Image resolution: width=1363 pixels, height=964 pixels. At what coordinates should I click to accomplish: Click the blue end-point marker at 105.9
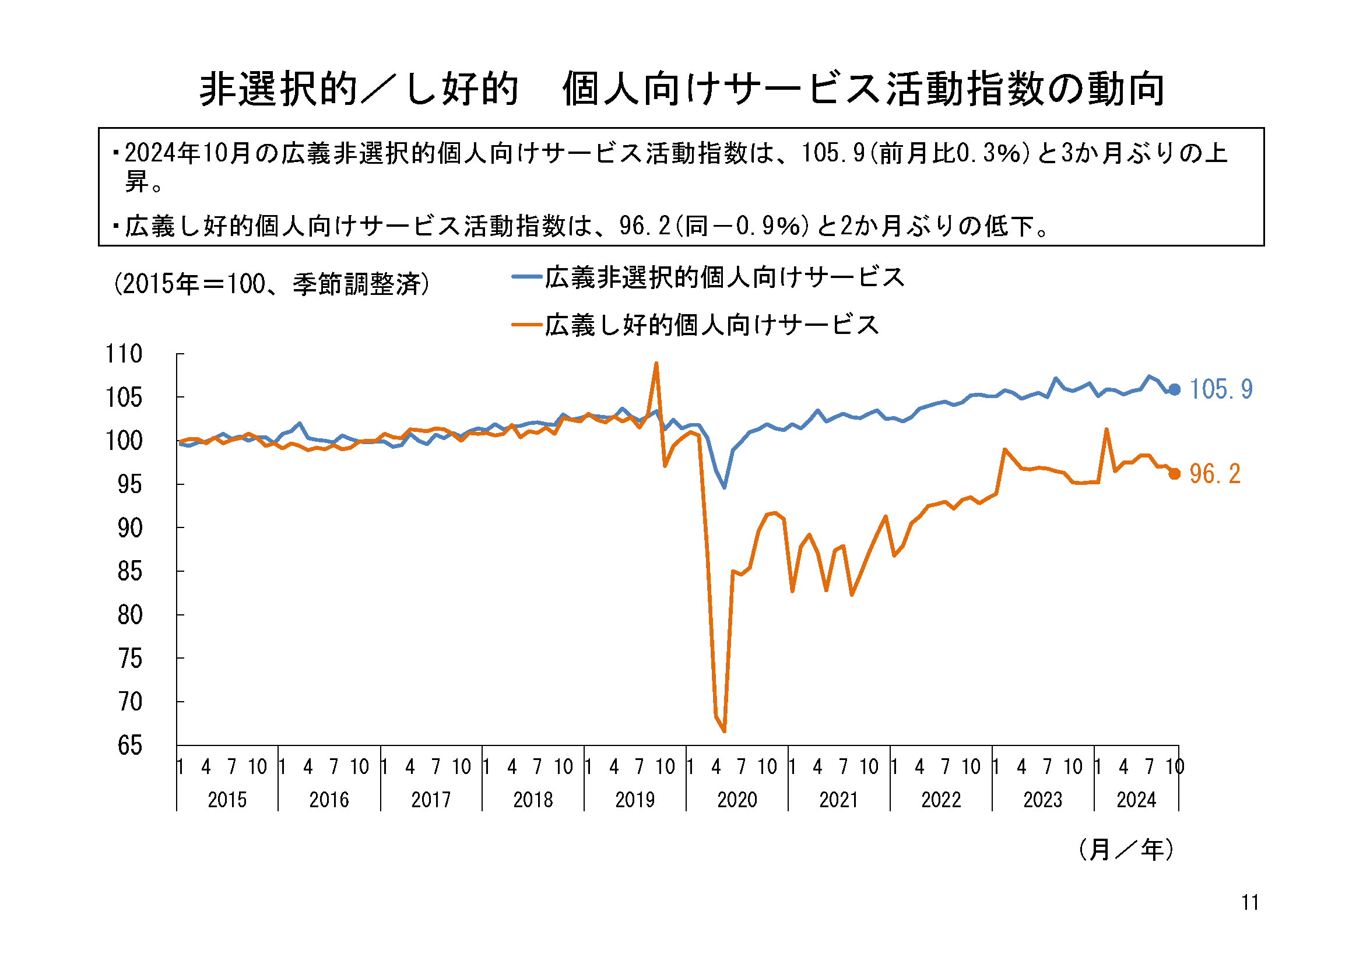1174,390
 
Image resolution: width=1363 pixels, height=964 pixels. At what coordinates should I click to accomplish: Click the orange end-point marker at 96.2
1174,474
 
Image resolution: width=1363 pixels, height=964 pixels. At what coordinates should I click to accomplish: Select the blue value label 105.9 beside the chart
1221,390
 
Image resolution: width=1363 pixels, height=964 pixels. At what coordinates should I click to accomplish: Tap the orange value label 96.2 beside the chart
1214,474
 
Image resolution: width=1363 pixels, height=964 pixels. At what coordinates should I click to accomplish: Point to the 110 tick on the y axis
124,354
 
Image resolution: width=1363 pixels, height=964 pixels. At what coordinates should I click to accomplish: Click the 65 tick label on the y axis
130,745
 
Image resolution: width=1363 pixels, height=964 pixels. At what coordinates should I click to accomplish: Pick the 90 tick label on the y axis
130,528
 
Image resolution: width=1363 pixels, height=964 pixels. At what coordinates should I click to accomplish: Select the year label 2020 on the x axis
737,800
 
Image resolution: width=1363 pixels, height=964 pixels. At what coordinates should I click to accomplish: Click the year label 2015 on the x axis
227,800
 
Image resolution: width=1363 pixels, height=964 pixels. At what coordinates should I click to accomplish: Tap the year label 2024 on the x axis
1136,800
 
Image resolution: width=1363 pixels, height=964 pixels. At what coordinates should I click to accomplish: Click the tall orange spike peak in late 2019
656,363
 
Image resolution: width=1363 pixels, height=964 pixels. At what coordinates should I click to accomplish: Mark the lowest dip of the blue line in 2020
724,487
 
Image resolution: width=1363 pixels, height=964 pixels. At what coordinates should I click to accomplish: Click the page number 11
1250,902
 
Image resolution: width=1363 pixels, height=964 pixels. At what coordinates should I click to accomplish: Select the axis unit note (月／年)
1126,849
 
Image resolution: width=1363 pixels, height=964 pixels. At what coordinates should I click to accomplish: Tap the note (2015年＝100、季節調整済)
271,284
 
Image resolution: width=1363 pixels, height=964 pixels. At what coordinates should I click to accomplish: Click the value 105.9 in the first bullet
833,153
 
